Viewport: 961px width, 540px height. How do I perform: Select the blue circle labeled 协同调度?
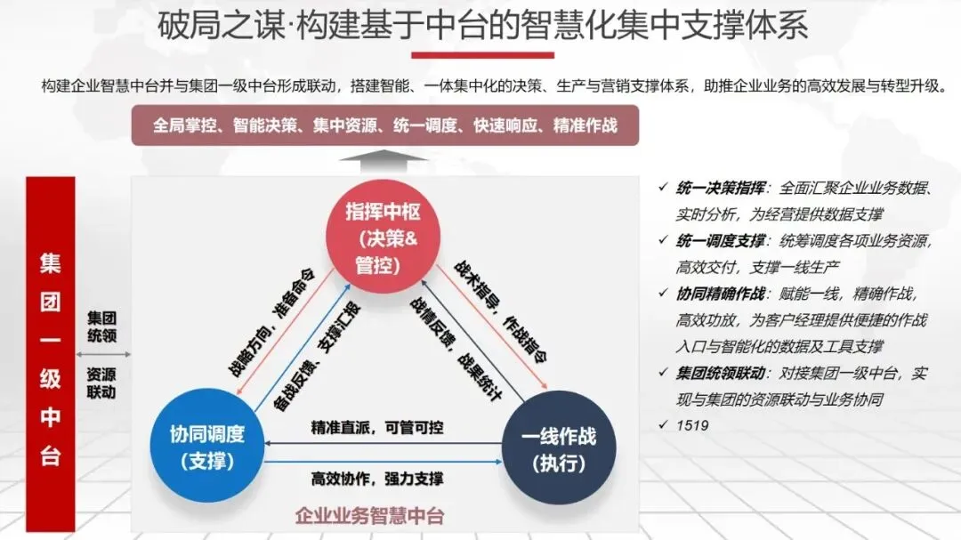(206, 447)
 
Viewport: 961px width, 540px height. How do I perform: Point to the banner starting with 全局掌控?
(385, 125)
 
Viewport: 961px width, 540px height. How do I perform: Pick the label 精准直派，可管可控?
(377, 427)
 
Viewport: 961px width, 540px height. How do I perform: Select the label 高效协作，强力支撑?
(377, 479)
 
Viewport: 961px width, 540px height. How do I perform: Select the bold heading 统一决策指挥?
(720, 189)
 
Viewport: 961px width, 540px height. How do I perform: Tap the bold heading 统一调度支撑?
(720, 241)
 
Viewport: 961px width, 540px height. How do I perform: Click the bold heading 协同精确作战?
(720, 294)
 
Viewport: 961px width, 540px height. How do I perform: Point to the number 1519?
(692, 425)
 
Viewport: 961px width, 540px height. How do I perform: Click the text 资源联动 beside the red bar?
(101, 383)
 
